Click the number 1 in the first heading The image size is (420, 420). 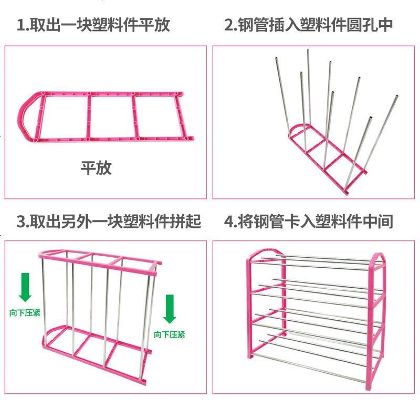[21, 25]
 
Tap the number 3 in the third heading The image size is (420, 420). [21, 221]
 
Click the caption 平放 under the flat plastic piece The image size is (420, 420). [96, 167]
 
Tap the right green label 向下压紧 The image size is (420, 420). [169, 334]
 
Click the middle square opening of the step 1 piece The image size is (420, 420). [110, 117]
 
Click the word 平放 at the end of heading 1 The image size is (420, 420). [156, 25]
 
